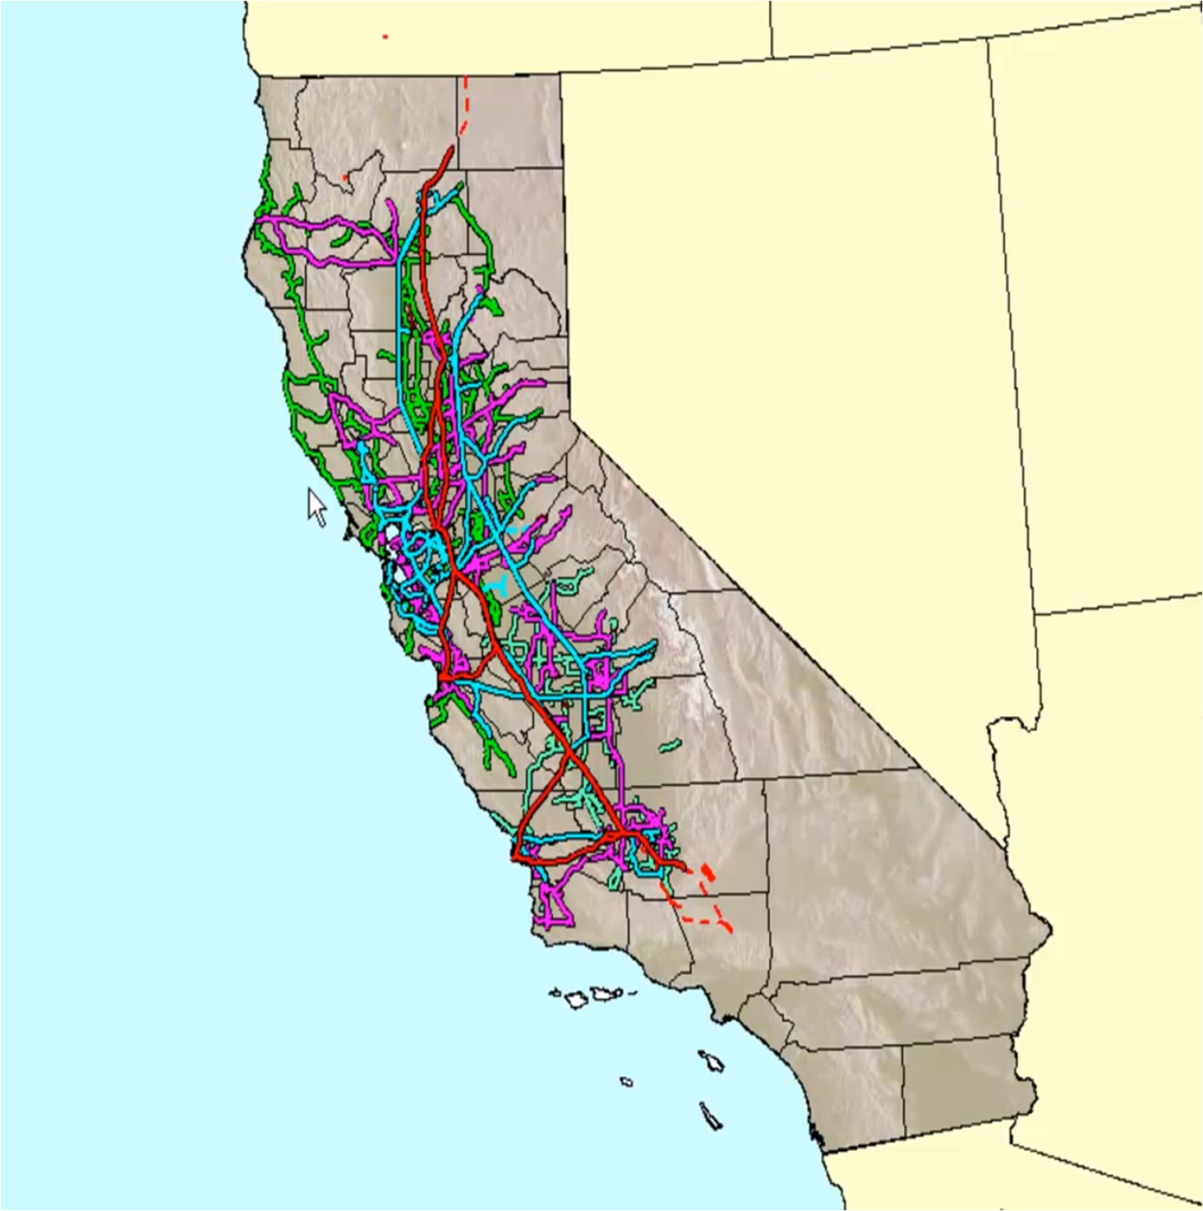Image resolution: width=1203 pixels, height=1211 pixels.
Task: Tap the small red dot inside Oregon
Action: pos(385,36)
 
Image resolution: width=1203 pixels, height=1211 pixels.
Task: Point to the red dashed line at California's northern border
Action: pos(464,103)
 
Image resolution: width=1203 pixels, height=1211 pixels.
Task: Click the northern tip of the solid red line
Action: pos(451,148)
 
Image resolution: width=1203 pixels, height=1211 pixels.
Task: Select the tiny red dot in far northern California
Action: pos(345,176)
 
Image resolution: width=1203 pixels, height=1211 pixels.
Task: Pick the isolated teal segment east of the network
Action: pos(671,746)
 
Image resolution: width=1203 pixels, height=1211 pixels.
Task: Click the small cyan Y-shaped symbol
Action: pos(498,585)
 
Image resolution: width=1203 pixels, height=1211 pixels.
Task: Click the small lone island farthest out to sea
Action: pos(627,1081)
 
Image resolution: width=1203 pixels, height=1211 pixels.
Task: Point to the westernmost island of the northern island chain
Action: pos(555,992)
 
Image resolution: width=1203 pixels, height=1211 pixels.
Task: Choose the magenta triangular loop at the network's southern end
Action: pos(556,908)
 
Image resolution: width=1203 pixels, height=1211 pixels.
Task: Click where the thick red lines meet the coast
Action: pos(514,858)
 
